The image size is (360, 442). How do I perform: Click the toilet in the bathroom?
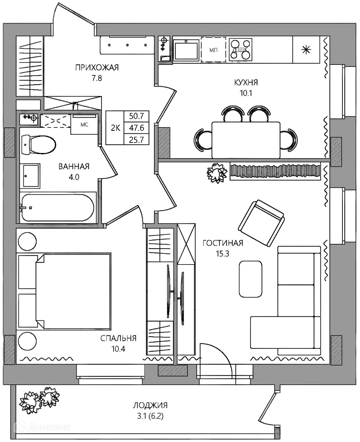click(x=39, y=145)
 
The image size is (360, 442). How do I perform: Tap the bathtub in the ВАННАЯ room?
click(x=58, y=208)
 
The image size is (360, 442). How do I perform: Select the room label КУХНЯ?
click(x=246, y=83)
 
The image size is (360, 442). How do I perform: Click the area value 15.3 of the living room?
click(x=223, y=253)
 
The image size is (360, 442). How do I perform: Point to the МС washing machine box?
click(x=84, y=124)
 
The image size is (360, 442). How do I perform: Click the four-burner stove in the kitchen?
click(x=241, y=50)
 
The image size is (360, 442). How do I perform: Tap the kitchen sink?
click(x=186, y=50)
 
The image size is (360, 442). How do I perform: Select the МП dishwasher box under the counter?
click(x=213, y=50)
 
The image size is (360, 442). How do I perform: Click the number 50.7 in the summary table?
click(x=136, y=116)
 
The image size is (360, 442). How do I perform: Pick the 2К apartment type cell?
click(x=116, y=128)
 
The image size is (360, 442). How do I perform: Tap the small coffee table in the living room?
click(x=251, y=279)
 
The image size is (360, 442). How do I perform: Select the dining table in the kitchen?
click(x=246, y=140)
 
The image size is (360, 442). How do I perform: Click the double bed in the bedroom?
click(x=74, y=291)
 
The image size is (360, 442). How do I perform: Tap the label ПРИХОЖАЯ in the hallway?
click(x=97, y=68)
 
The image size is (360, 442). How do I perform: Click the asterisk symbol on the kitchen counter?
click(x=306, y=50)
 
